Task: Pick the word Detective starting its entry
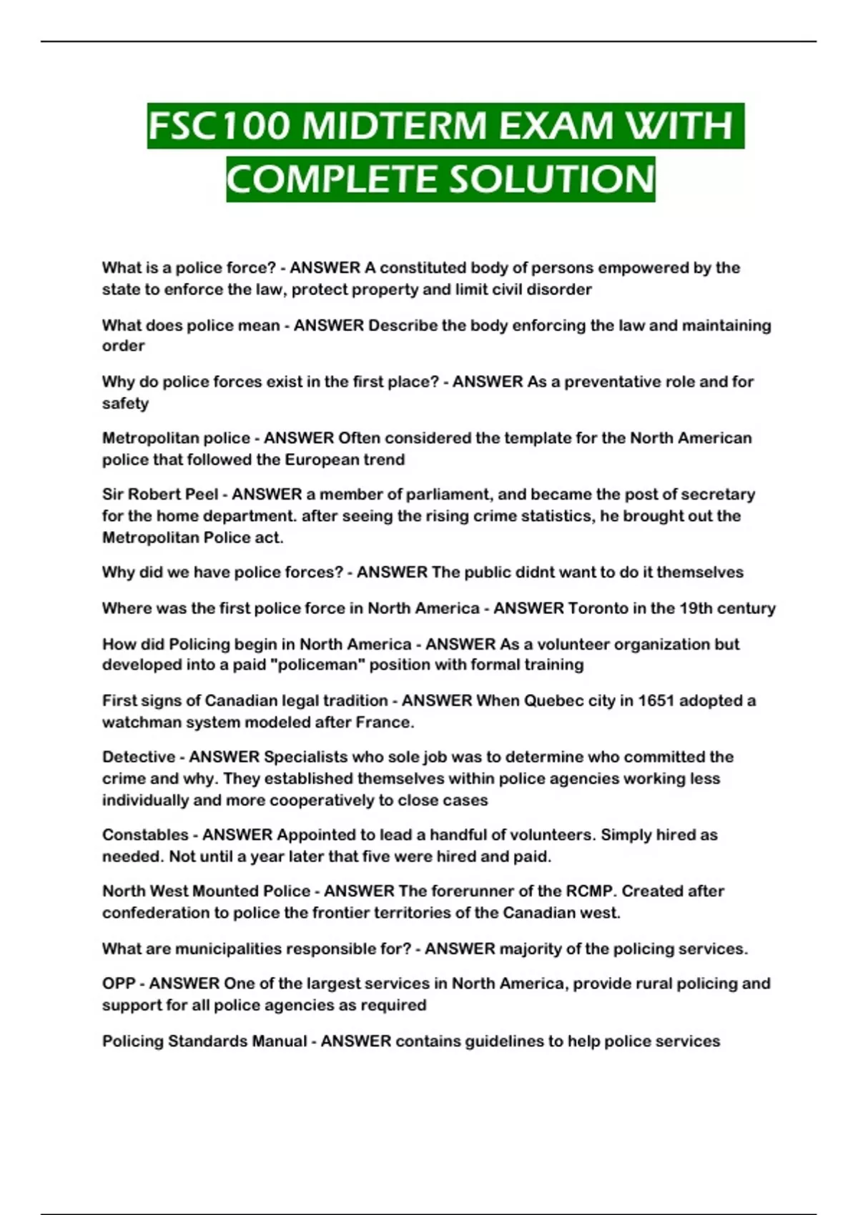click(139, 757)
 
